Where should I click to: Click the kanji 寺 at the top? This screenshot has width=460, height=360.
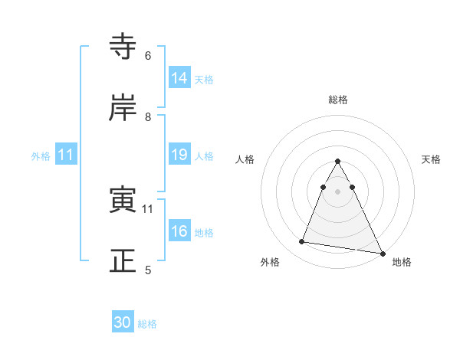coord(123,46)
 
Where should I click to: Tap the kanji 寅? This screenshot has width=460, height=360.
coord(123,200)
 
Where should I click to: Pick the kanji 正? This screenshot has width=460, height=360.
coord(123,261)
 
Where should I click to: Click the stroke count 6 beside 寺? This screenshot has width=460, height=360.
coord(147,56)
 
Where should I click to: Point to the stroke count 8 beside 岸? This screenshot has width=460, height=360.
coord(147,117)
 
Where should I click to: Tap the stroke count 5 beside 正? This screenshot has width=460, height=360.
coord(147,270)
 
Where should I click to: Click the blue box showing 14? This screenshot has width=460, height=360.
coord(179,77)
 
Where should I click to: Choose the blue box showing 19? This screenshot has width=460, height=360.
coord(179,155)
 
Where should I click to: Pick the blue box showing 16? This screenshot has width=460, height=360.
coord(179,231)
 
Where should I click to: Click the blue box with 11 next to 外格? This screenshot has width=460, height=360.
coord(66,155)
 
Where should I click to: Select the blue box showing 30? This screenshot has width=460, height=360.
coord(123,322)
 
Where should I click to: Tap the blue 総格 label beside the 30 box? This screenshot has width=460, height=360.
coord(147,324)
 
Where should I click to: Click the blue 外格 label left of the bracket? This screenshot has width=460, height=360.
coord(41,155)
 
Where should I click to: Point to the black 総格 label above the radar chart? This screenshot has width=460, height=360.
coord(338,100)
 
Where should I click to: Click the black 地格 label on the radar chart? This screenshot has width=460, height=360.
coord(402,263)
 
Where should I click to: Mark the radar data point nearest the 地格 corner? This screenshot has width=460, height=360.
coord(382,254)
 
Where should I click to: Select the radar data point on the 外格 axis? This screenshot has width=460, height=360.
coord(302,242)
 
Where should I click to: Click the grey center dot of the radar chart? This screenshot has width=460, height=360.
coord(338,191)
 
